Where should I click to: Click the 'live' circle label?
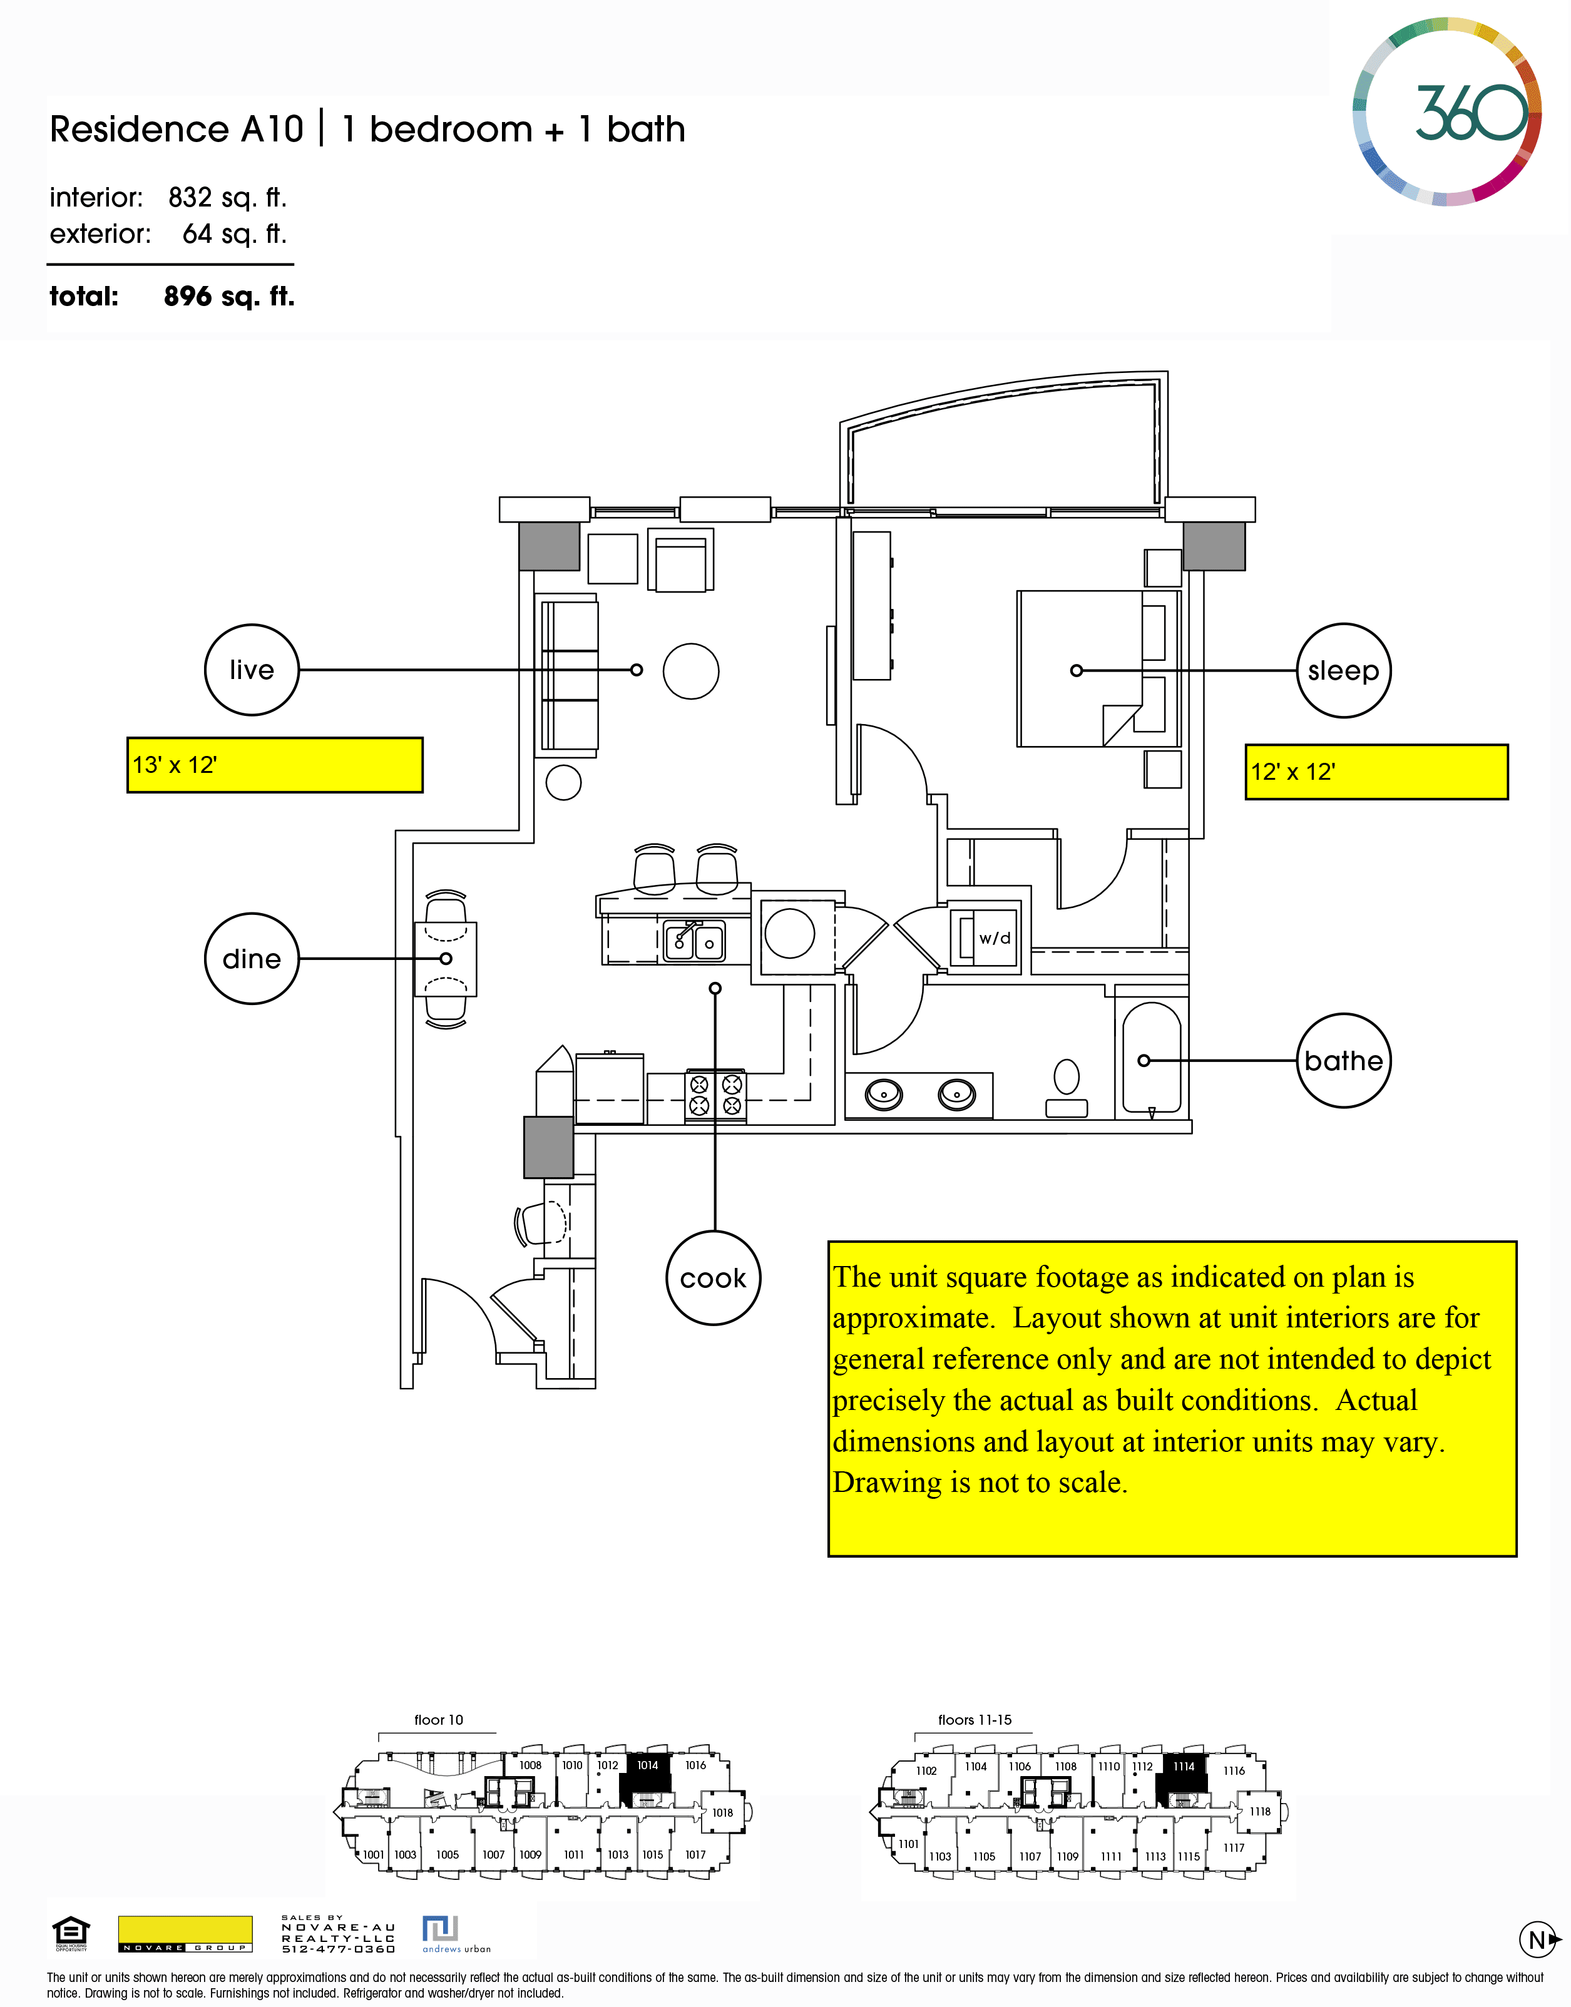click(x=251, y=670)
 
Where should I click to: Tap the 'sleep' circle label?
click(x=1343, y=670)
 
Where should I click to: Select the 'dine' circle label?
click(x=251, y=958)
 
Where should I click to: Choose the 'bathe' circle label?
click(x=1343, y=1061)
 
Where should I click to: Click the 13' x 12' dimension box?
click(x=274, y=764)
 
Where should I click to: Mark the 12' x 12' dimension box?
click(x=1376, y=772)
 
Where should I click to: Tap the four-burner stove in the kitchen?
click(x=715, y=1095)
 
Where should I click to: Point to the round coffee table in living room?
click(x=691, y=670)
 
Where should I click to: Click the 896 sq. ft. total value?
click(x=229, y=296)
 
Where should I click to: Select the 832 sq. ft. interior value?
click(x=227, y=197)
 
